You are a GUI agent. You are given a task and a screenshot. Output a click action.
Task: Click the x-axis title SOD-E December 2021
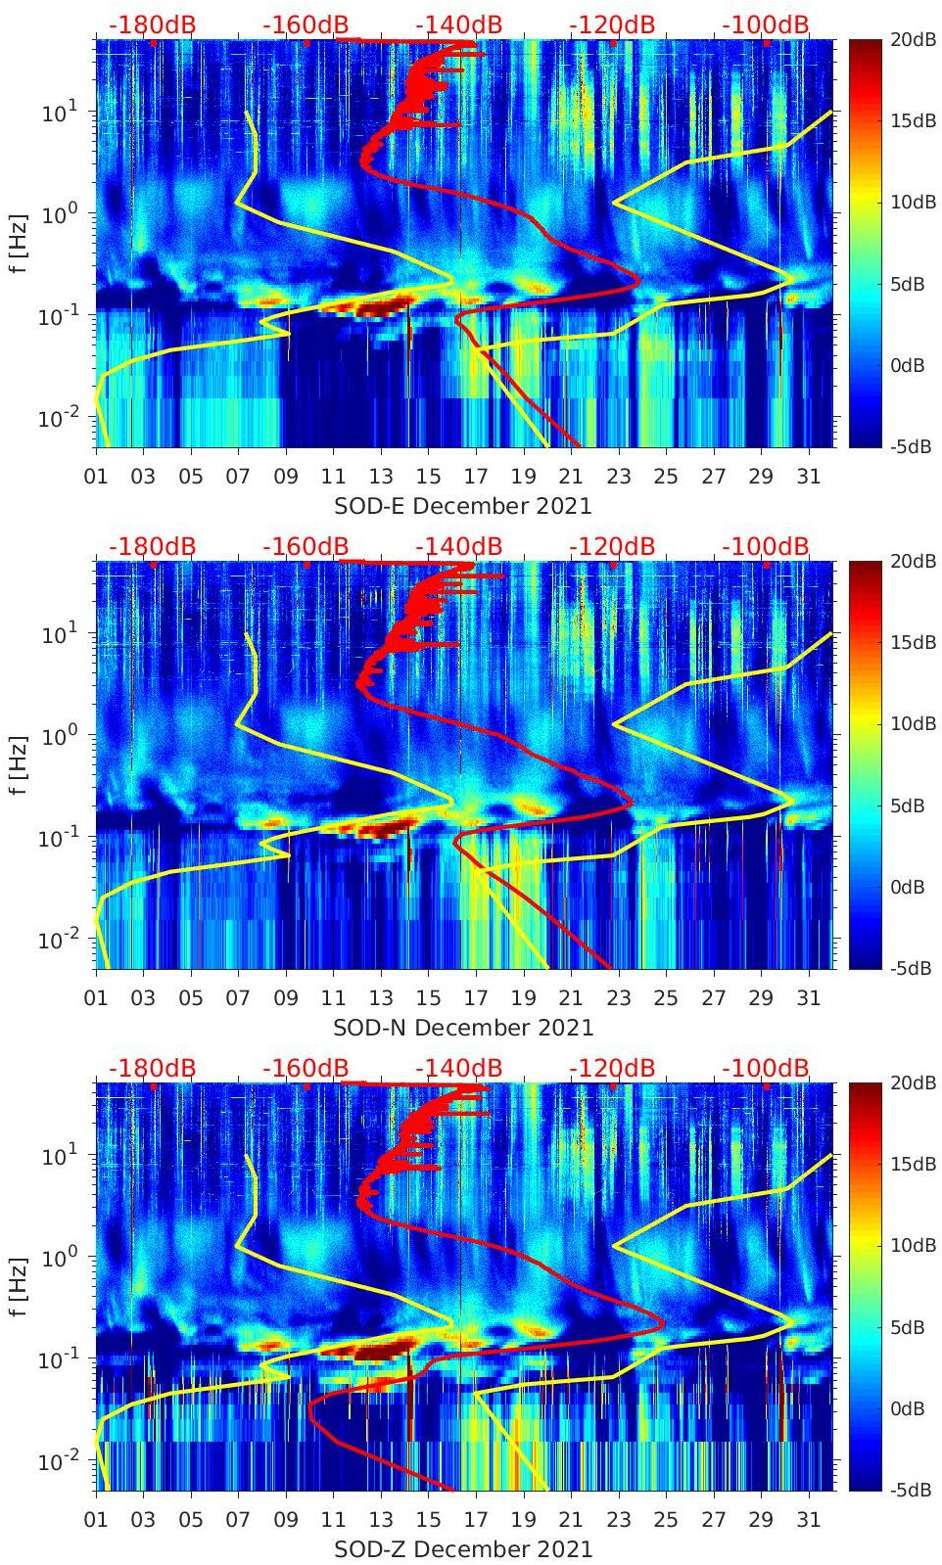click(463, 506)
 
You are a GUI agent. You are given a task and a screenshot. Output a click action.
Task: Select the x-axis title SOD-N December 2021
click(463, 1028)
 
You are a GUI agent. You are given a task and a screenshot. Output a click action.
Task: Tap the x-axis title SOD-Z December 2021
click(463, 1549)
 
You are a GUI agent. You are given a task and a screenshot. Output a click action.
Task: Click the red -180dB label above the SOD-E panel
click(152, 24)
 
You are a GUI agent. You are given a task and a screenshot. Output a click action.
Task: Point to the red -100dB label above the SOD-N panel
click(766, 546)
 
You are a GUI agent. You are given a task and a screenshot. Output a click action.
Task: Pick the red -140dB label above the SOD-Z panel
click(459, 1068)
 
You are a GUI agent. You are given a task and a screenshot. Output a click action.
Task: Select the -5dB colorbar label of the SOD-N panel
click(910, 968)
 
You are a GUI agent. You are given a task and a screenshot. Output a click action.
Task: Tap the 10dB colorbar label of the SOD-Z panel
click(912, 1246)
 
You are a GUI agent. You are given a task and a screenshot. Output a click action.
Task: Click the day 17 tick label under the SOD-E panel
click(476, 477)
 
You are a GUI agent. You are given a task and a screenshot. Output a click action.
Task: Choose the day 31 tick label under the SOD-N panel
click(808, 998)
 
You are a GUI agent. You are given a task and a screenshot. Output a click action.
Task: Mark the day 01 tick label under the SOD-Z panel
click(96, 1520)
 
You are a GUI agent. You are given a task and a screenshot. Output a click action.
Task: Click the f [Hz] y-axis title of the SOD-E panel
click(18, 243)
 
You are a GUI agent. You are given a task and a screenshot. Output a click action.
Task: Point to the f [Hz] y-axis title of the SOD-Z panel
click(18, 1286)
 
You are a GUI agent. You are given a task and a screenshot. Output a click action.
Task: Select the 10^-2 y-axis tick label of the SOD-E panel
click(58, 418)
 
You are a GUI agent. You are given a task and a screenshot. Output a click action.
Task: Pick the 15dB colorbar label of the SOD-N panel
click(912, 643)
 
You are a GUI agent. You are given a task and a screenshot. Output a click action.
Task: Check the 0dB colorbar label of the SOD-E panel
click(907, 365)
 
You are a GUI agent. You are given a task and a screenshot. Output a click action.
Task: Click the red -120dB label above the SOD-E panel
click(612, 24)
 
